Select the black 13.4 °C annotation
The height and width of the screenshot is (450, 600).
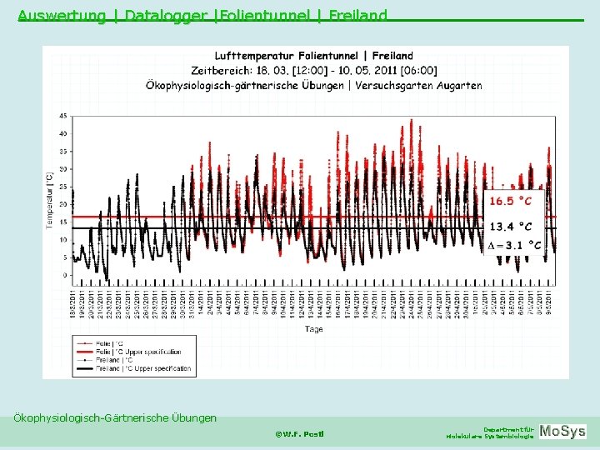click(510, 226)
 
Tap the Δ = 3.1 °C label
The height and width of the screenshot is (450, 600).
click(513, 245)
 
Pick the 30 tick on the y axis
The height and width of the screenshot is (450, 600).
click(63, 168)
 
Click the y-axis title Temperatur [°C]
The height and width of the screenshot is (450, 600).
click(49, 199)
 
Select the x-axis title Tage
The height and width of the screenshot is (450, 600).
click(313, 329)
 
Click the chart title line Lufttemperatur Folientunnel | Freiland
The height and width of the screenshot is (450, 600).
click(313, 56)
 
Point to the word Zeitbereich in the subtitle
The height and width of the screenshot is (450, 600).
click(221, 70)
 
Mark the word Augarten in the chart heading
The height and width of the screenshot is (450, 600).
click(457, 85)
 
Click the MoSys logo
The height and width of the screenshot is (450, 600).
click(562, 432)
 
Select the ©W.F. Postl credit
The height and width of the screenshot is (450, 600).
click(299, 433)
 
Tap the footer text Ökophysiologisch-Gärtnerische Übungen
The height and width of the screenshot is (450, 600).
click(115, 417)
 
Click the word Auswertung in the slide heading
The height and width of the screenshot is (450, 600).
click(61, 15)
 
